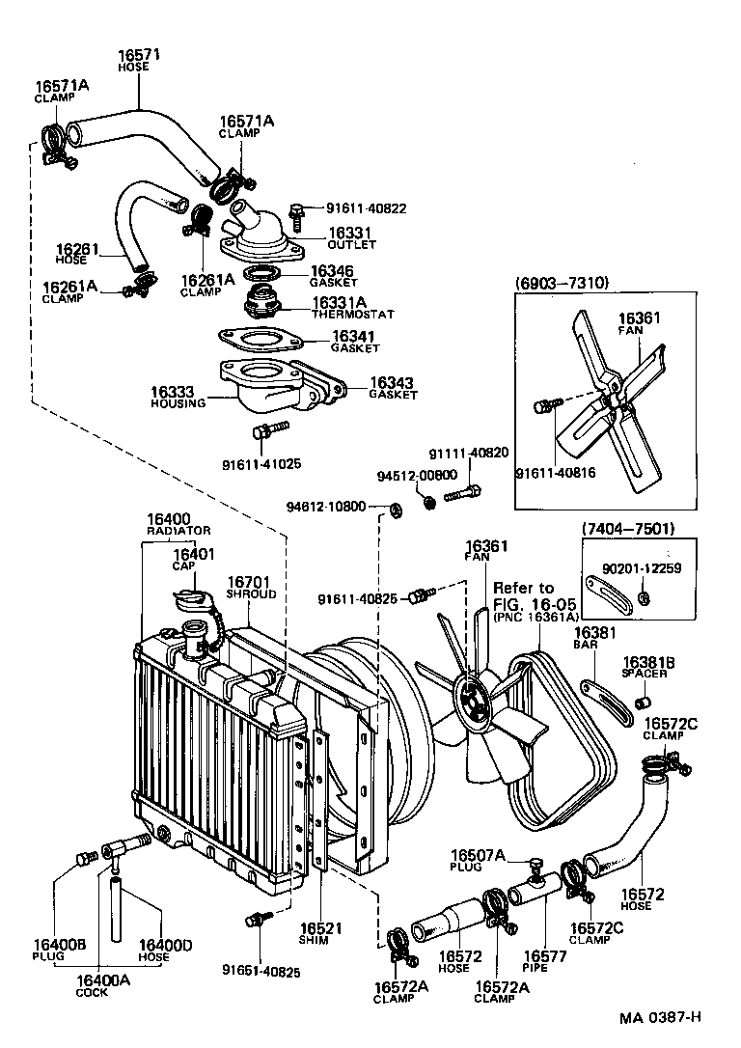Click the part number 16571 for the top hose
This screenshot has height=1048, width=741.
click(x=138, y=56)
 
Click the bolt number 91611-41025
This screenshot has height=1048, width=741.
click(x=261, y=463)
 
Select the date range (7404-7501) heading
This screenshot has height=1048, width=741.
click(x=628, y=529)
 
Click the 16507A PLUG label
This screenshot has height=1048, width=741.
click(x=478, y=860)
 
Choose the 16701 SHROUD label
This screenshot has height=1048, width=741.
click(x=251, y=588)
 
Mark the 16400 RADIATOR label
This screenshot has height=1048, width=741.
click(x=178, y=524)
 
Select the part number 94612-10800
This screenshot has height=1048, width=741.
click(x=326, y=506)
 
